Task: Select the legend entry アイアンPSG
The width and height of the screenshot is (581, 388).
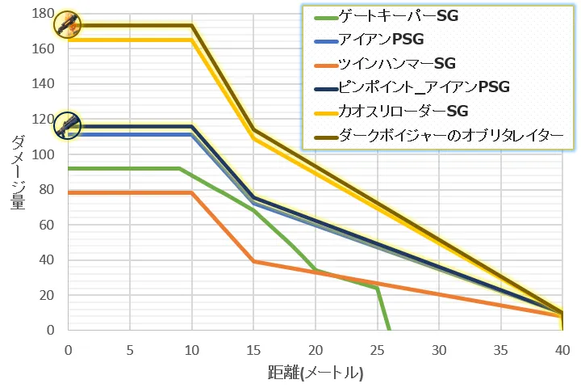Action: click(x=379, y=39)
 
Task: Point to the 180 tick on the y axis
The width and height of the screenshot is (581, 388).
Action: click(x=44, y=14)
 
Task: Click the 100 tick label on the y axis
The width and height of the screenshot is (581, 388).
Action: click(x=44, y=154)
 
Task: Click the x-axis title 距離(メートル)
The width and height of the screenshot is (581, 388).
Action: click(x=316, y=373)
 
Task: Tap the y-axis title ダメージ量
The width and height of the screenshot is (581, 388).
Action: click(x=17, y=171)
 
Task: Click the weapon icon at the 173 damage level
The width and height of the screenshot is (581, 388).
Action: click(x=68, y=24)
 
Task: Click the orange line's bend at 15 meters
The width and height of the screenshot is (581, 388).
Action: click(x=253, y=261)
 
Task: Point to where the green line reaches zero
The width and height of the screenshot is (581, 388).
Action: click(x=390, y=330)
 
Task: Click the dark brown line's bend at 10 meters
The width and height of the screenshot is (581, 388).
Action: click(x=192, y=25)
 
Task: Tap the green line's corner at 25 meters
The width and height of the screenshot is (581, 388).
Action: click(x=377, y=288)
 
